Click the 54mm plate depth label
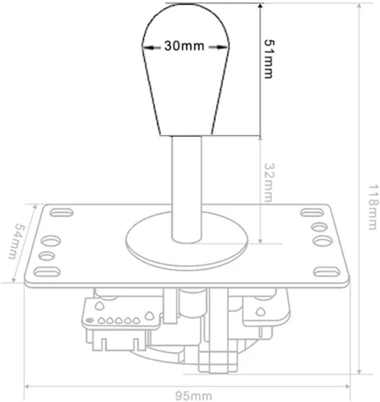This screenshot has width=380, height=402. tap(12, 241)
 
